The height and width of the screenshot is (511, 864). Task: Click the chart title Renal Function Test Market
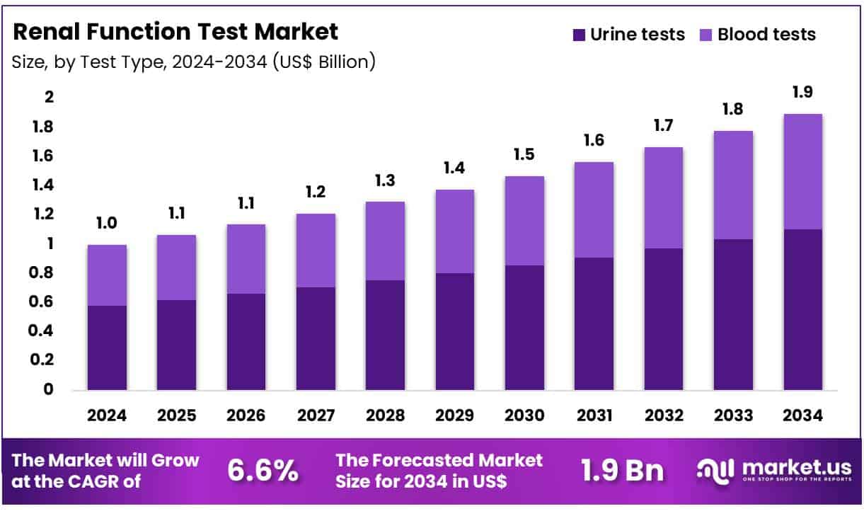[x=175, y=32]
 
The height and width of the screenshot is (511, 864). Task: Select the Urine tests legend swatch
[x=579, y=35]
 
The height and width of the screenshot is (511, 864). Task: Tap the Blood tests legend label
[x=766, y=35]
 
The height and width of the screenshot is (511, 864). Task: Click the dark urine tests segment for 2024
[x=107, y=348]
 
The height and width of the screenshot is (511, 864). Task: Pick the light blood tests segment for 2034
[x=802, y=171]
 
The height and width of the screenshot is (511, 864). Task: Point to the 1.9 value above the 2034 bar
[x=802, y=92]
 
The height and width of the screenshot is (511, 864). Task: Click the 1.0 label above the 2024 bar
[x=107, y=224]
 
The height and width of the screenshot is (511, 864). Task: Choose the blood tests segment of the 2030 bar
[x=524, y=221]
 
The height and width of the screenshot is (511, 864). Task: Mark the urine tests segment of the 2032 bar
[x=663, y=318]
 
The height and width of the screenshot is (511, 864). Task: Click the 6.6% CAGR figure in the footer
[x=263, y=471]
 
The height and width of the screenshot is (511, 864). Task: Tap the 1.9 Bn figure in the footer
[x=623, y=471]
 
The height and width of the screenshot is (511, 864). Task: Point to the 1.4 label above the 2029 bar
[x=454, y=168]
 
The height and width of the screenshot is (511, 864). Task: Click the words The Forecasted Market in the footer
[x=439, y=461]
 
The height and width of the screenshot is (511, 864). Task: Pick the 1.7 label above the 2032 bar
[x=663, y=126]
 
